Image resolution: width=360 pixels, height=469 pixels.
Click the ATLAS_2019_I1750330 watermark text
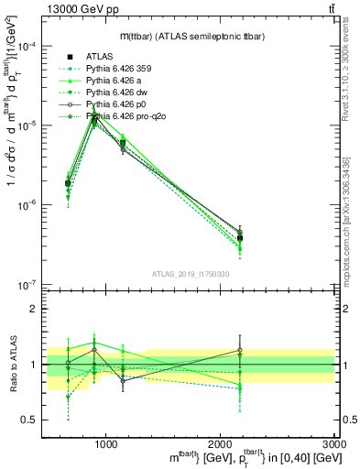coord(190,272)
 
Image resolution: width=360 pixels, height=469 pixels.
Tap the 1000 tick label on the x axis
coord(106,443)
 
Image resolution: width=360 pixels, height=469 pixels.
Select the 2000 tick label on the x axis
coord(221,443)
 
